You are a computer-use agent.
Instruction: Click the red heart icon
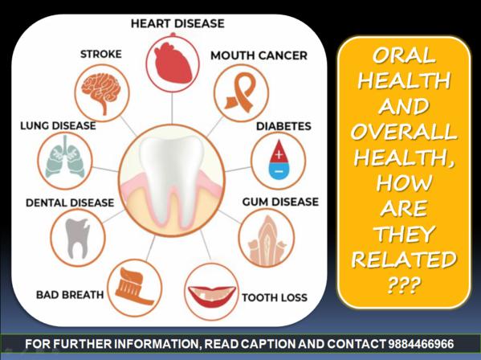173,63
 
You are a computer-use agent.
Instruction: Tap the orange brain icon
101,92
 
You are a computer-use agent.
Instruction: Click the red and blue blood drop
279,160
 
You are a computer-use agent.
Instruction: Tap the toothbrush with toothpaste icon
135,287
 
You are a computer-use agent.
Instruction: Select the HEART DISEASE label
177,23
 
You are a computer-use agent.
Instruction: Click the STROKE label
101,54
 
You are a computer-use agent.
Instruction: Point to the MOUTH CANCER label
259,55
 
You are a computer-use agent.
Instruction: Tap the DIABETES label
283,126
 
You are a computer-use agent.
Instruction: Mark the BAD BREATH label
70,295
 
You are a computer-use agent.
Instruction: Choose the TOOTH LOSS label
275,297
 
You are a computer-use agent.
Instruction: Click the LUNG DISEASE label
58,125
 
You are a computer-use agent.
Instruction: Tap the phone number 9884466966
421,344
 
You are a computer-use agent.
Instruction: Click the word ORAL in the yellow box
404,55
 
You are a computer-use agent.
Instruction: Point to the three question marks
404,285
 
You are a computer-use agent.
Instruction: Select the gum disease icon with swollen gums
267,240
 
